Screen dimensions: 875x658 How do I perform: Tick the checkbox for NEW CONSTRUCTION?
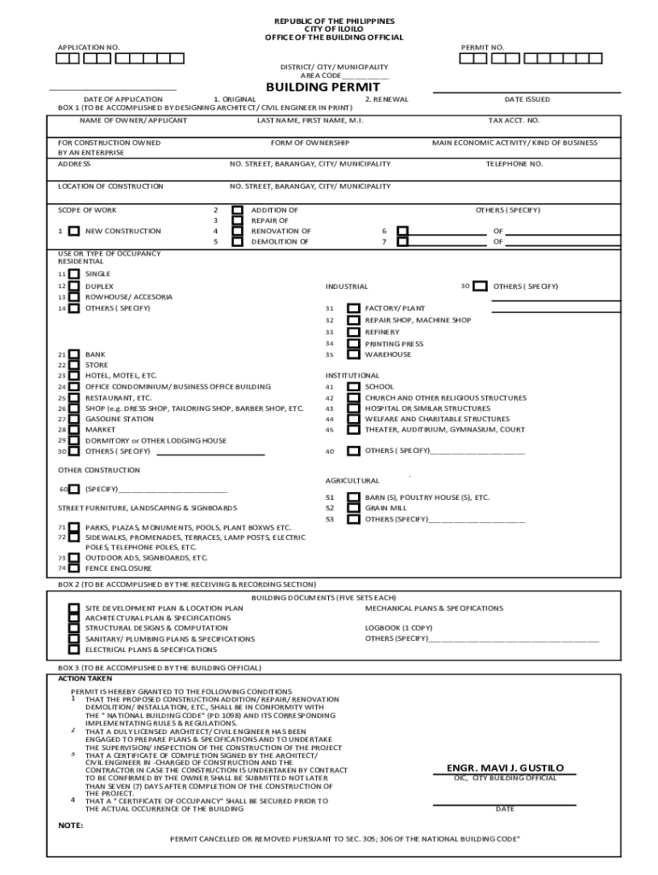74,231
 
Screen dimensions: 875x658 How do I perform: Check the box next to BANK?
74,354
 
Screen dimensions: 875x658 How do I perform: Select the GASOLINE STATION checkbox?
74,420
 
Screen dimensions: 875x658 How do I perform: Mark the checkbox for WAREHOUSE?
353,354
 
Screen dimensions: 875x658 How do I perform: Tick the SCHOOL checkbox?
353,386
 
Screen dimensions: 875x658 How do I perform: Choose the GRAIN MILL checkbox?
353,508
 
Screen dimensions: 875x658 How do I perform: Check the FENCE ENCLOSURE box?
74,567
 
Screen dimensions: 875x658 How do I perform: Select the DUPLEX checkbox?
74,286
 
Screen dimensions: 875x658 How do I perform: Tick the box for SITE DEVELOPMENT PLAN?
74,608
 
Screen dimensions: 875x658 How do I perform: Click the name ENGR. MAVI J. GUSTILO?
505,767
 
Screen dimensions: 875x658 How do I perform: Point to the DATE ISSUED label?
527,99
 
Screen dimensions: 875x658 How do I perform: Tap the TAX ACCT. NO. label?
514,120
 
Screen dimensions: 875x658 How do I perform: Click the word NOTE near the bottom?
70,826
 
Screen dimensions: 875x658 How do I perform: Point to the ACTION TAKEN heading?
85,678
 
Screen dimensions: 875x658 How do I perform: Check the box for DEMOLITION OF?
237,241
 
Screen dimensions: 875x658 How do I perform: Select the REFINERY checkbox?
353,332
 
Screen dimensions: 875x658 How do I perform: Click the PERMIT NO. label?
482,46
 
